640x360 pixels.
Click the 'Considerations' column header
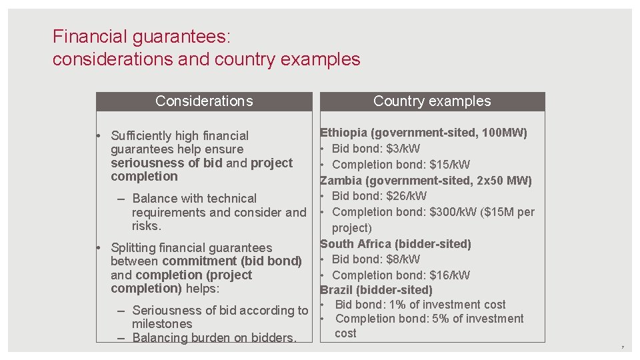(204, 101)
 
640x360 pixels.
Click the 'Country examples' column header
(432, 101)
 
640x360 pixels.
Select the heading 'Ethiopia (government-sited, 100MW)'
(424, 133)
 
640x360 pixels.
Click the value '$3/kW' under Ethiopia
(403, 149)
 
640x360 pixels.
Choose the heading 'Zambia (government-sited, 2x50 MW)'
(426, 181)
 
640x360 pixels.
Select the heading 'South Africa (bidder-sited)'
(395, 244)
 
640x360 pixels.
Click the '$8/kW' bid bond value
(403, 259)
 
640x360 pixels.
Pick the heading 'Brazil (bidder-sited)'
(376, 290)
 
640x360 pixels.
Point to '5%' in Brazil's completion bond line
(441, 319)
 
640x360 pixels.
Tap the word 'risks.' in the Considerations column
(147, 226)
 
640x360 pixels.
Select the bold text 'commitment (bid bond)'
(232, 261)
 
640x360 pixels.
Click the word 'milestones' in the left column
(162, 324)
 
